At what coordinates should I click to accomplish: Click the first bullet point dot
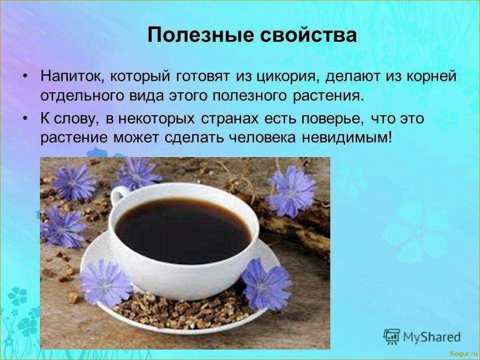coord(26,77)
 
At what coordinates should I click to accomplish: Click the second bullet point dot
coord(26,119)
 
